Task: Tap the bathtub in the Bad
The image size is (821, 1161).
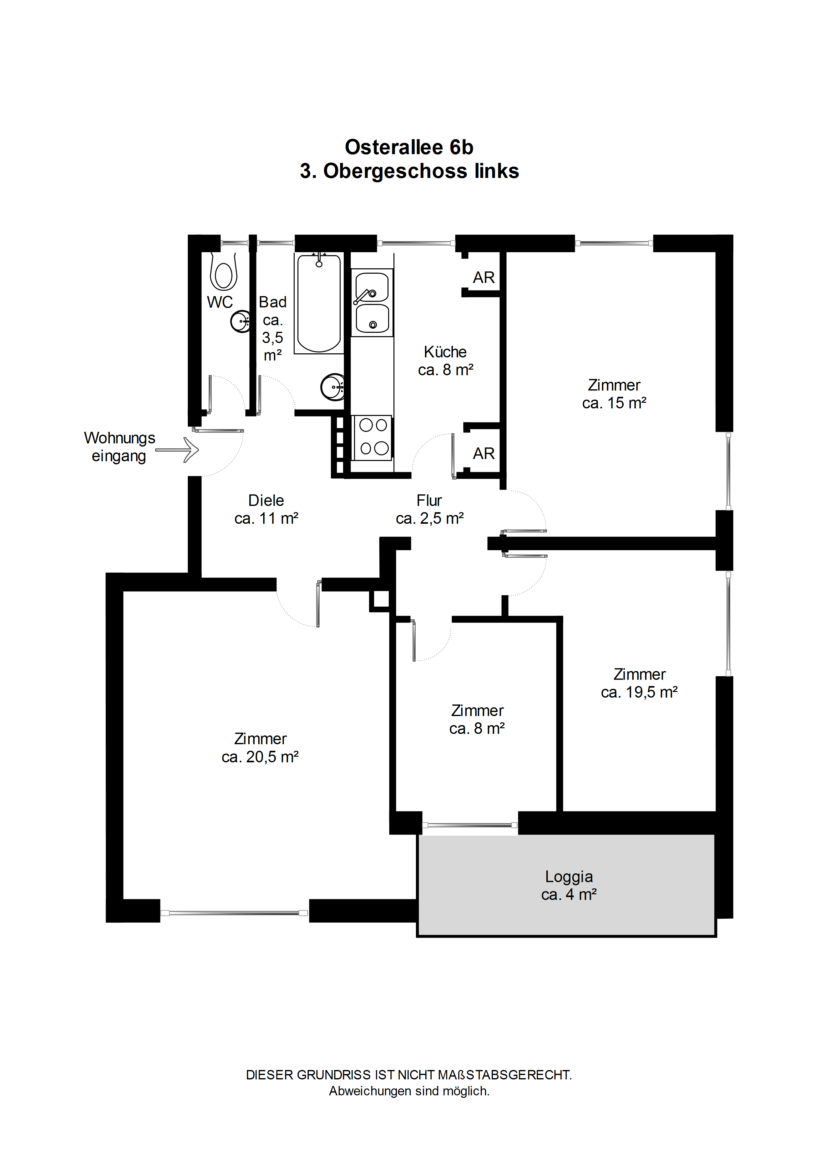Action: (319, 303)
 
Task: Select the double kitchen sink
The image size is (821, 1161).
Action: (372, 302)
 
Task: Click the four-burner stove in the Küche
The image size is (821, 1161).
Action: (373, 438)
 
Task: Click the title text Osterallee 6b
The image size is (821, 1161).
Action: (409, 147)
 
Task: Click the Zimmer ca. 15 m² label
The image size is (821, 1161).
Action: (614, 394)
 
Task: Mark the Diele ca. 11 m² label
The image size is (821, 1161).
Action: (266, 509)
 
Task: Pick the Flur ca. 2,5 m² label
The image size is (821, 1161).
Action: (429, 509)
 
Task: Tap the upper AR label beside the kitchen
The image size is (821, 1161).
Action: (484, 278)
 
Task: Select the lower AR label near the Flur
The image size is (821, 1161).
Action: (484, 454)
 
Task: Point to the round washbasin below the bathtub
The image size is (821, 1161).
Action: (333, 387)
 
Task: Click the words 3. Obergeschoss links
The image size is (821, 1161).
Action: (409, 171)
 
